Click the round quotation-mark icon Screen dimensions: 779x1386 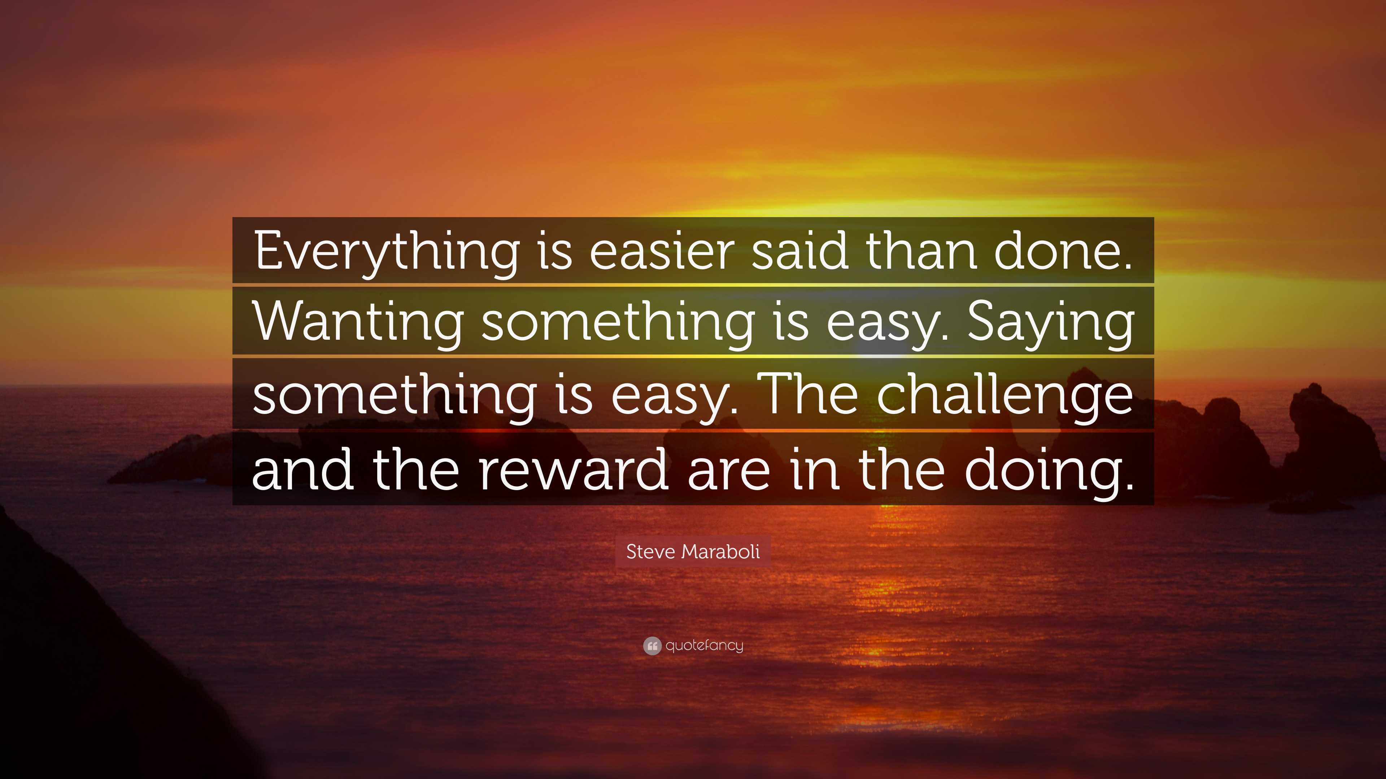tap(651, 646)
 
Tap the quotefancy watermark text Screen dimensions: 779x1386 tap(704, 646)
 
